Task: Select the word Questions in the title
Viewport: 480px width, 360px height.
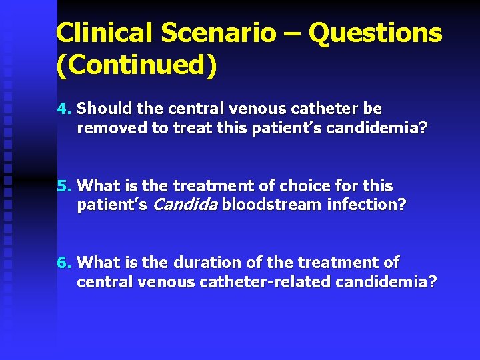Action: (x=376, y=32)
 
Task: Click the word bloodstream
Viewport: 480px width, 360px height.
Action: (x=272, y=205)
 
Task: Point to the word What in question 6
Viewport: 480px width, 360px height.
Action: (x=99, y=263)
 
